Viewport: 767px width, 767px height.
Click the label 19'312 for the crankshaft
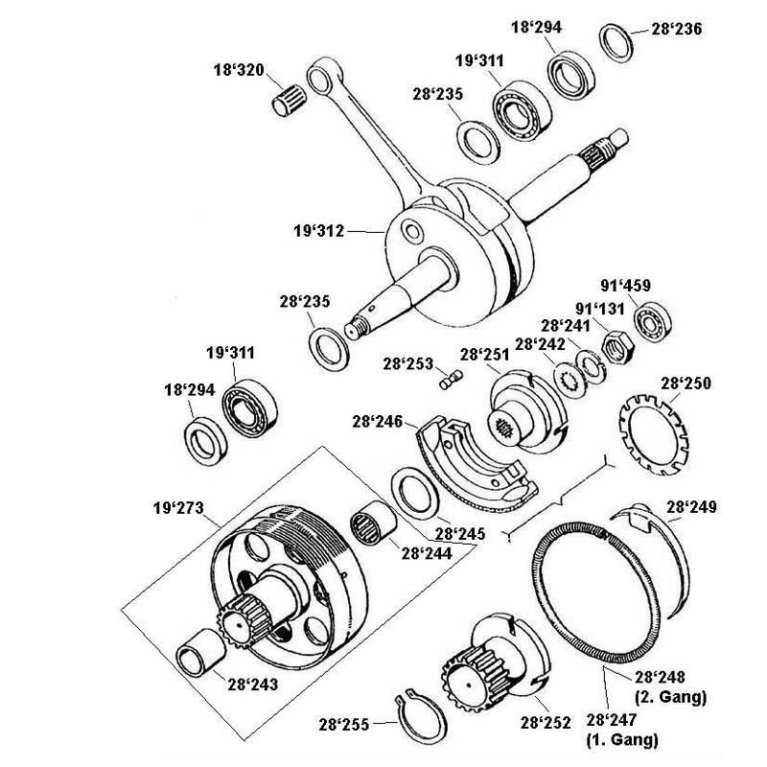(x=319, y=230)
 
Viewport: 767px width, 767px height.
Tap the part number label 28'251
(x=483, y=355)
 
